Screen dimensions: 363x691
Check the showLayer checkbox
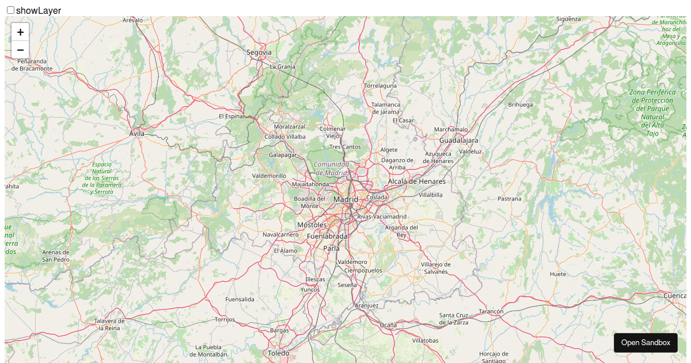pyautogui.click(x=10, y=10)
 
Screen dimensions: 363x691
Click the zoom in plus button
pyautogui.click(x=20, y=32)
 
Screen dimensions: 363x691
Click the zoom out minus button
pyautogui.click(x=20, y=50)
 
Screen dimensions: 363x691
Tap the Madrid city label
pyautogui.click(x=345, y=199)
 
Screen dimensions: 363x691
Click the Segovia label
pyautogui.click(x=259, y=52)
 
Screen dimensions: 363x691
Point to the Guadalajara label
pyautogui.click(x=458, y=140)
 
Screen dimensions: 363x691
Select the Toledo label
pyautogui.click(x=279, y=353)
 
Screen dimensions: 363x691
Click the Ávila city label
pyautogui.click(x=136, y=134)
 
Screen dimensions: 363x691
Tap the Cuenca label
pyautogui.click(x=674, y=296)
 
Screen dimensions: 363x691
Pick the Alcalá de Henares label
pyautogui.click(x=416, y=181)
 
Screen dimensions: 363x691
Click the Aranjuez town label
pyautogui.click(x=367, y=305)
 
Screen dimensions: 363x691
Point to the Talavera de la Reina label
pyautogui.click(x=109, y=324)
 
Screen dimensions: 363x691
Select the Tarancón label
pyautogui.click(x=491, y=311)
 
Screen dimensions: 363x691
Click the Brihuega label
pyautogui.click(x=521, y=105)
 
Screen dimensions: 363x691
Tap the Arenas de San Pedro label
pyautogui.click(x=56, y=256)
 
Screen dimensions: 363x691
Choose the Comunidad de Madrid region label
pyautogui.click(x=331, y=168)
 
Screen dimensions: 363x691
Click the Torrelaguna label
pyautogui.click(x=380, y=86)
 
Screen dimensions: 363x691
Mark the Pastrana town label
pyautogui.click(x=509, y=199)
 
